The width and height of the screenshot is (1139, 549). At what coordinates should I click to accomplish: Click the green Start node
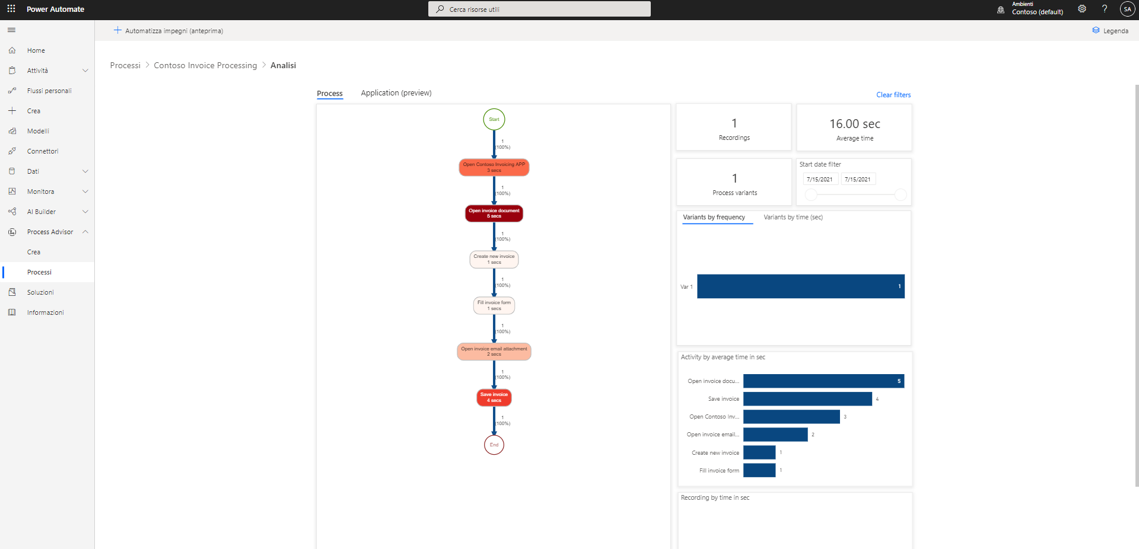click(x=494, y=119)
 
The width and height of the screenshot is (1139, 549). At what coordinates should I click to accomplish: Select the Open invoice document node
click(x=494, y=213)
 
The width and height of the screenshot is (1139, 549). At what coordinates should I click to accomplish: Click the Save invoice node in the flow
click(x=494, y=397)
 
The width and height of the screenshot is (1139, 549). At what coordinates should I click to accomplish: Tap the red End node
click(x=494, y=445)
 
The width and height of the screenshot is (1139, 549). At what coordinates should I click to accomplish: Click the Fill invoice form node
click(x=494, y=305)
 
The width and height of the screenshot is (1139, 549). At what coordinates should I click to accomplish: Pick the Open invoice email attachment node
click(x=494, y=352)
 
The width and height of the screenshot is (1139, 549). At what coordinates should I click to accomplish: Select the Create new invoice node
click(x=494, y=259)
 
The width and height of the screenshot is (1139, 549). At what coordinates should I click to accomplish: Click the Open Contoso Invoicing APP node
click(x=494, y=167)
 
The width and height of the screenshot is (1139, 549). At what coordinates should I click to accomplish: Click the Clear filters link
click(x=893, y=95)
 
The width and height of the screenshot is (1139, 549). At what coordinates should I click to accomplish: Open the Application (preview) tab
click(x=396, y=93)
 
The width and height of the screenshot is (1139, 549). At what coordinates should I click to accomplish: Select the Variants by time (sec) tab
click(x=793, y=217)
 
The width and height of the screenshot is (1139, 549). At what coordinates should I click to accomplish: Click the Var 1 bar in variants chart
click(x=800, y=286)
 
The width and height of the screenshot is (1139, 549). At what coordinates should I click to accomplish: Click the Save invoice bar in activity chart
click(x=807, y=399)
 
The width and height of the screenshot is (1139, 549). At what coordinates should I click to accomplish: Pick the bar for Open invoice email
click(x=775, y=435)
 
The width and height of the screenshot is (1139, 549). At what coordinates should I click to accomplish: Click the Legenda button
click(x=1110, y=31)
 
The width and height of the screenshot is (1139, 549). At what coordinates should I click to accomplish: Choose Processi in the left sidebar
click(x=39, y=272)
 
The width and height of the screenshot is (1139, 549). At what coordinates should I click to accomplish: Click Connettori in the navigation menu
click(x=43, y=151)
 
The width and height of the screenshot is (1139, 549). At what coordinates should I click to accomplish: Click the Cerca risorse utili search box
click(x=539, y=9)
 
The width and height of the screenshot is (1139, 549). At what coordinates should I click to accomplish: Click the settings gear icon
click(x=1081, y=9)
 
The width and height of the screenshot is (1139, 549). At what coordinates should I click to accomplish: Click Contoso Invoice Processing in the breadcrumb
click(x=205, y=65)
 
